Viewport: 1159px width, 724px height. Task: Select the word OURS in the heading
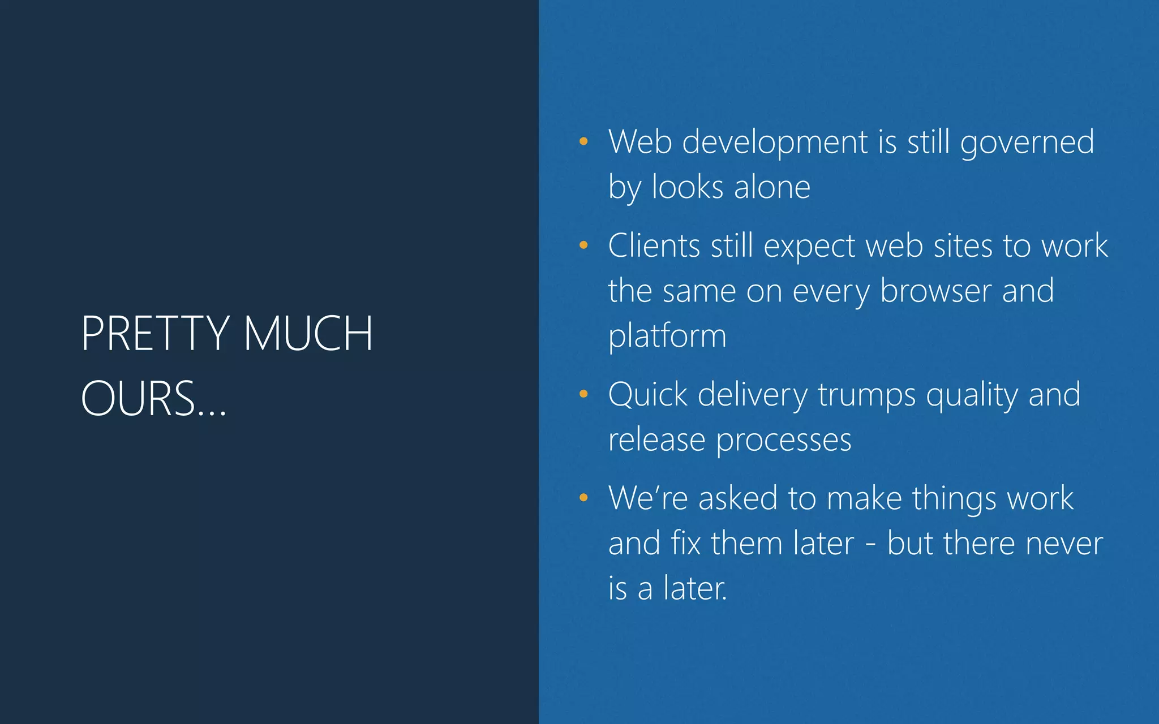coord(139,399)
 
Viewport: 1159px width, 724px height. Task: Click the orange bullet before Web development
coord(583,141)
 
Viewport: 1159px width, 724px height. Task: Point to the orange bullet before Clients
coord(583,245)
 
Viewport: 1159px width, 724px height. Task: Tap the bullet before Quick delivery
coord(583,394)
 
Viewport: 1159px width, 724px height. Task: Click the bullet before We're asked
coord(583,498)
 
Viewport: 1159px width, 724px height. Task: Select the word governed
coord(1027,143)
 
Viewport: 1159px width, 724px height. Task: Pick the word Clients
coord(654,246)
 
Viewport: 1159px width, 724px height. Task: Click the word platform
coord(667,337)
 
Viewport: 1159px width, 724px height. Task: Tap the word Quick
coord(647,395)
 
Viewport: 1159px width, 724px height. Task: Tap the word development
coord(775,143)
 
